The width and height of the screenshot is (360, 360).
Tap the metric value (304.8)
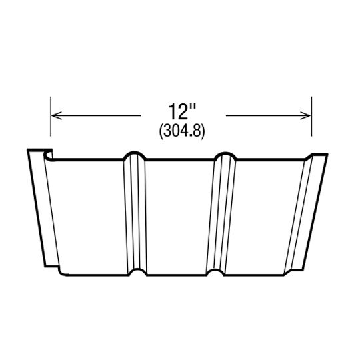click(x=181, y=131)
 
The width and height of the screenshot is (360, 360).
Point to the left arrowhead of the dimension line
click(x=55, y=115)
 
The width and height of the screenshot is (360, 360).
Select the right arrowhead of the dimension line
click(x=307, y=115)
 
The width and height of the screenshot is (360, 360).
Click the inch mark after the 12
click(x=194, y=107)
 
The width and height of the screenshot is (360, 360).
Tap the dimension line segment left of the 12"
click(x=100, y=115)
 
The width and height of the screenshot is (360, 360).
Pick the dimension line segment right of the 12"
click(x=267, y=115)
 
